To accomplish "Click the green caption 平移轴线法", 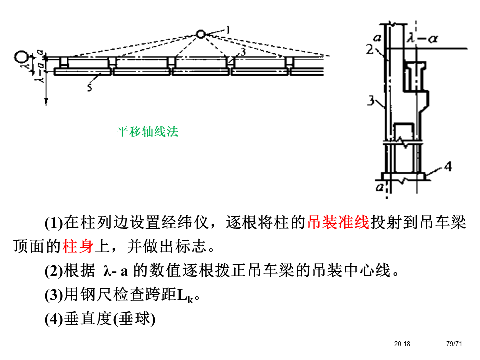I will [x=148, y=132].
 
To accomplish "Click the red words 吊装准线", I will [x=338, y=223].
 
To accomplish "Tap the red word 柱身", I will [x=78, y=246].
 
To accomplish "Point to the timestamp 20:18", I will [x=402, y=344].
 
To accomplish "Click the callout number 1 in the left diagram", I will [x=227, y=30].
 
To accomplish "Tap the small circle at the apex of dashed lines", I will [x=200, y=34].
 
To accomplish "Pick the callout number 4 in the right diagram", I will [x=448, y=166].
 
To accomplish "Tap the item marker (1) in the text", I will [x=54, y=223].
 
